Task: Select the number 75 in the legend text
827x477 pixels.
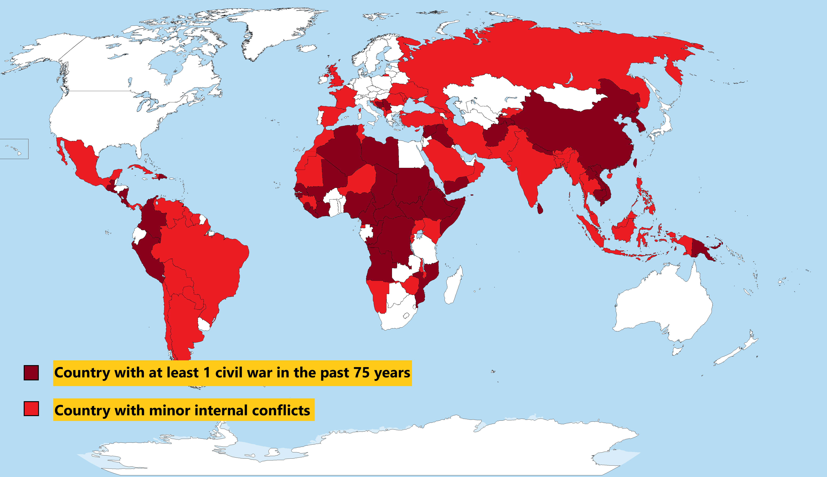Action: point(361,373)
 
